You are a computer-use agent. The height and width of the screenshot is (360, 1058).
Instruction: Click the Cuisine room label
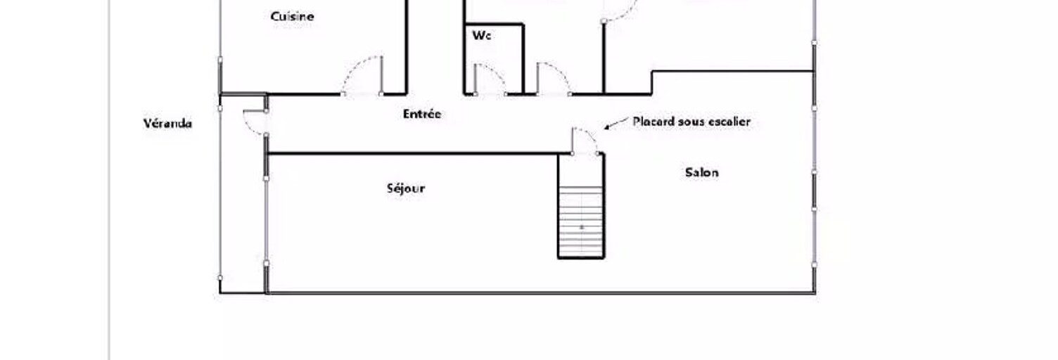pos(292,16)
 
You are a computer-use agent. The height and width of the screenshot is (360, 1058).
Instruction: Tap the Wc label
pos(481,35)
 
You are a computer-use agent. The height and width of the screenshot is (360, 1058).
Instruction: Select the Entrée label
pos(422,114)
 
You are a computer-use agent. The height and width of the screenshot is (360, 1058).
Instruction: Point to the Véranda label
pos(167,123)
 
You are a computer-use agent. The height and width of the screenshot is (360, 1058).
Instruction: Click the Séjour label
pos(406,188)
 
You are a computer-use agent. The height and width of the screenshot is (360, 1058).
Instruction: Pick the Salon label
pos(702,172)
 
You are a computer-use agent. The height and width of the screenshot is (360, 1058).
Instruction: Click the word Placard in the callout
pos(654,121)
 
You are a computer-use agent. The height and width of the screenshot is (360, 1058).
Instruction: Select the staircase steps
pos(581,221)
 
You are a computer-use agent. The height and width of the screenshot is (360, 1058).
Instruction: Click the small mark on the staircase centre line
pos(582,227)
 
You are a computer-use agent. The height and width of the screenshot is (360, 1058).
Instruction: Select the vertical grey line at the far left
pos(109,180)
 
